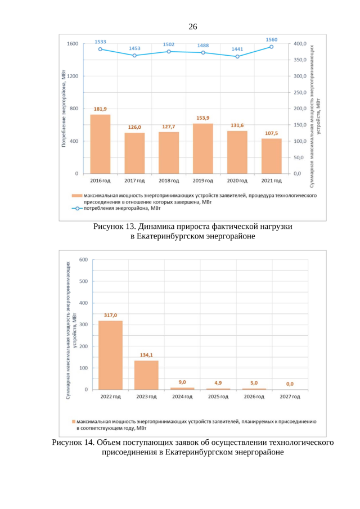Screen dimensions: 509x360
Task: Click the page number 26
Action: pyautogui.click(x=192, y=26)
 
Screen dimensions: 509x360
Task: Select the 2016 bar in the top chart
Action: pyautogui.click(x=100, y=144)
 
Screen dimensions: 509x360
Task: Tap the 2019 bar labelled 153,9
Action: pyautogui.click(x=203, y=148)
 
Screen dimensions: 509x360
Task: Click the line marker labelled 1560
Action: pyautogui.click(x=271, y=47)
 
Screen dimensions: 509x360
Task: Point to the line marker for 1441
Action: pyautogui.click(x=237, y=56)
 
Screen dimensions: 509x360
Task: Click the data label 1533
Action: pyautogui.click(x=100, y=42)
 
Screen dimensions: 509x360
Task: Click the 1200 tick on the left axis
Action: pyautogui.click(x=73, y=76)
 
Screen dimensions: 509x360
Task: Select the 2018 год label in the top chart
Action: pyautogui.click(x=169, y=181)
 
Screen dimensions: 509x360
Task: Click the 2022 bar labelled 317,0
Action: pyautogui.click(x=110, y=355)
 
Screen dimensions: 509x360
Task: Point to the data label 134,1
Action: pyautogui.click(x=146, y=355)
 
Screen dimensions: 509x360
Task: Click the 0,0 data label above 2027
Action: pyautogui.click(x=289, y=384)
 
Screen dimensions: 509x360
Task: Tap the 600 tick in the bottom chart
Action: pyautogui.click(x=83, y=259)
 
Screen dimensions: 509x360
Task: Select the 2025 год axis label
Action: pyautogui.click(x=218, y=397)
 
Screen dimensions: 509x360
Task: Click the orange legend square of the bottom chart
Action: pyautogui.click(x=73, y=421)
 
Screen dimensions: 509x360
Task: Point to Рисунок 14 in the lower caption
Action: pyautogui.click(x=74, y=443)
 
